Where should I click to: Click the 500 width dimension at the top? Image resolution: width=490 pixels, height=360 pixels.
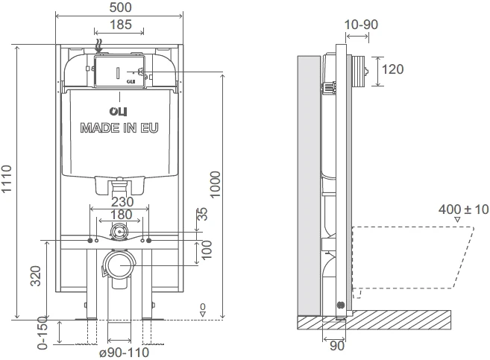(x=120, y=7)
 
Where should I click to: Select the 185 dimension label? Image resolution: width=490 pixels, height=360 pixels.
(x=121, y=25)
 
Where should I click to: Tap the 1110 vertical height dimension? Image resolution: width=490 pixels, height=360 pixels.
(x=6, y=179)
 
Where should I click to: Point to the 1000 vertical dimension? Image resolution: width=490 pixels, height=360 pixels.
(x=215, y=185)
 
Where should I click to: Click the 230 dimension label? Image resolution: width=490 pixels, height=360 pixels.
(x=122, y=202)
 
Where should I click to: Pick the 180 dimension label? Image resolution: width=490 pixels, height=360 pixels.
(x=121, y=215)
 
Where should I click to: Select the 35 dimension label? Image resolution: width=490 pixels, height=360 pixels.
(x=203, y=214)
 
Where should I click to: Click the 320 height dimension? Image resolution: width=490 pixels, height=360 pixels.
(x=36, y=276)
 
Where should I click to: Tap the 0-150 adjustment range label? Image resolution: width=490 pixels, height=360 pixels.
(x=43, y=333)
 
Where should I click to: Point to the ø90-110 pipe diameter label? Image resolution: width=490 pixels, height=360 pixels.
(x=124, y=353)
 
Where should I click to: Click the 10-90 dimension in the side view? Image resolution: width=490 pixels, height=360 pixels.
(x=361, y=25)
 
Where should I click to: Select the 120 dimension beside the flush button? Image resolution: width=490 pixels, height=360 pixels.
(x=392, y=69)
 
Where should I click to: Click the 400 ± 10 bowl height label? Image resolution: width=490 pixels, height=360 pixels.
(x=463, y=209)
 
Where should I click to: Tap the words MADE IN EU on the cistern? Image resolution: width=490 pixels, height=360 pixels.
(x=119, y=128)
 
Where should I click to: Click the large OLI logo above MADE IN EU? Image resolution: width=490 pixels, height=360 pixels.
(x=118, y=112)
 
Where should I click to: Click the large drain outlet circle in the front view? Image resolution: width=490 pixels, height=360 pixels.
(x=120, y=265)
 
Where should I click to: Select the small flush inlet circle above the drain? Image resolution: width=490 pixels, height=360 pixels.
(x=119, y=232)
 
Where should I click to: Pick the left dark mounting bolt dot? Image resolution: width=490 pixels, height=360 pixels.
(x=90, y=241)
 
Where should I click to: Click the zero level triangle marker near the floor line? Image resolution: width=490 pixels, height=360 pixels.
(x=203, y=314)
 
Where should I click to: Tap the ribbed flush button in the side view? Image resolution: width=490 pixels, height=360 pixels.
(x=359, y=71)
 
